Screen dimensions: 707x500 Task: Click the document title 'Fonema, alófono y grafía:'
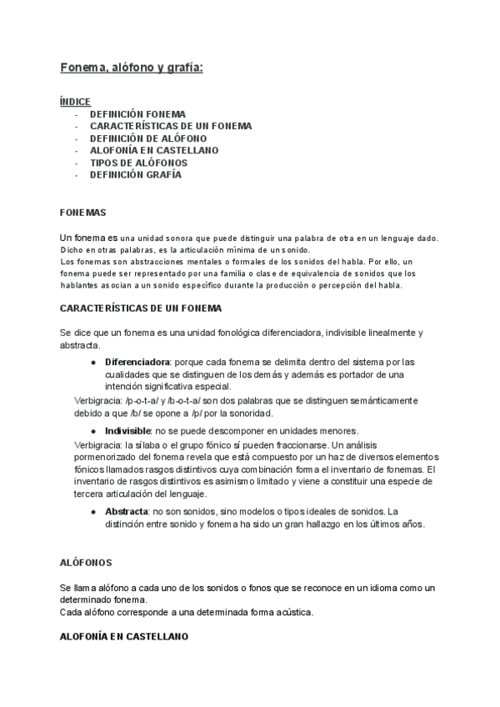pyautogui.click(x=132, y=68)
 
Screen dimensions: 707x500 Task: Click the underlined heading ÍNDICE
pyautogui.click(x=75, y=102)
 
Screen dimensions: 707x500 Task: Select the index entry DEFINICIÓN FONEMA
pyautogui.click(x=137, y=114)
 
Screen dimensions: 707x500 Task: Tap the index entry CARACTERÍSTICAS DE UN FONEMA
pyautogui.click(x=170, y=126)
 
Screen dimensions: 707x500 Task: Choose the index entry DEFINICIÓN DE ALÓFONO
pyautogui.click(x=148, y=138)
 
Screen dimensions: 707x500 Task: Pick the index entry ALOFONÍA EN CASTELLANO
pyautogui.click(x=154, y=151)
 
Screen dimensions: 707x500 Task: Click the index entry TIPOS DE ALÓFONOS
pyautogui.click(x=138, y=163)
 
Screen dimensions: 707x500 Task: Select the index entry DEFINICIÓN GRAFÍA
pyautogui.click(x=135, y=175)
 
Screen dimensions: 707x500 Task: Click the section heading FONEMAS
pyautogui.click(x=83, y=213)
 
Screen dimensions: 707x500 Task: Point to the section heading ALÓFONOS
pyautogui.click(x=86, y=564)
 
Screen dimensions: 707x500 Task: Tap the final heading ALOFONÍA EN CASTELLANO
pyautogui.click(x=124, y=637)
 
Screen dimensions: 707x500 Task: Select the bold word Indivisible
pyautogui.click(x=127, y=430)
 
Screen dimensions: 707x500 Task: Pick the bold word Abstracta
pyautogui.click(x=127, y=511)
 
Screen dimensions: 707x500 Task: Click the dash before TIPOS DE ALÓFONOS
pyautogui.click(x=76, y=163)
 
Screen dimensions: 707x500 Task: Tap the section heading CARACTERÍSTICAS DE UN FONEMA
pyautogui.click(x=141, y=308)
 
